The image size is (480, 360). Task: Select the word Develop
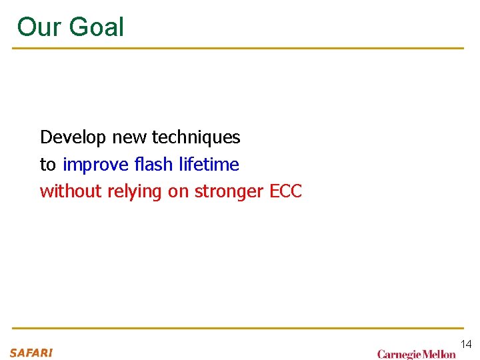[x=73, y=137]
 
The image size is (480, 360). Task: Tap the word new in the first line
[x=129, y=137]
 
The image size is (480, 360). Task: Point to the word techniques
[x=196, y=138]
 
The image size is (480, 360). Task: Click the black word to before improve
[x=48, y=165]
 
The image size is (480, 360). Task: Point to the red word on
[x=178, y=192]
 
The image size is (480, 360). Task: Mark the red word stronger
[x=229, y=192]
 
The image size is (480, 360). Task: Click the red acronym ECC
[x=285, y=191]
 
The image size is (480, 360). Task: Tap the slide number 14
[x=465, y=344]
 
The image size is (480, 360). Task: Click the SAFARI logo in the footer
[x=31, y=353]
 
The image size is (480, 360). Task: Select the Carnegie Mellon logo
[x=417, y=354]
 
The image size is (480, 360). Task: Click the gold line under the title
[x=238, y=48]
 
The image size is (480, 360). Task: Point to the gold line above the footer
[x=238, y=328]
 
